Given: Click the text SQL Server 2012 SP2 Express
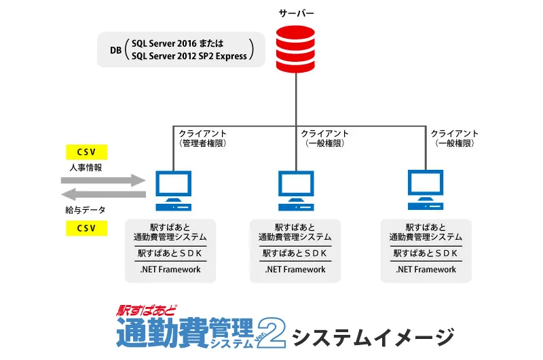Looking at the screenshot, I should pyautogui.click(x=189, y=56).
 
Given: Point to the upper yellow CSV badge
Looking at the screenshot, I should pyautogui.click(x=86, y=151).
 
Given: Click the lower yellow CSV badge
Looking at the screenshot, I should pyautogui.click(x=86, y=227).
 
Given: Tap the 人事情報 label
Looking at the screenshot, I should pyautogui.click(x=86, y=167).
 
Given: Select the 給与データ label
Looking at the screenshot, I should pyautogui.click(x=86, y=210).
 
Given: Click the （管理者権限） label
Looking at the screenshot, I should pyautogui.click(x=202, y=144).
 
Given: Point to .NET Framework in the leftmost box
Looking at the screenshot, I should pyautogui.click(x=170, y=270).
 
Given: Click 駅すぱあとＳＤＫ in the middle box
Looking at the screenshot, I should pyautogui.click(x=295, y=253).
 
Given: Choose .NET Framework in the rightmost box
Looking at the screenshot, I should pyautogui.click(x=426, y=270).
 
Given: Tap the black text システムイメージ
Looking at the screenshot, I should pyautogui.click(x=372, y=336).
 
